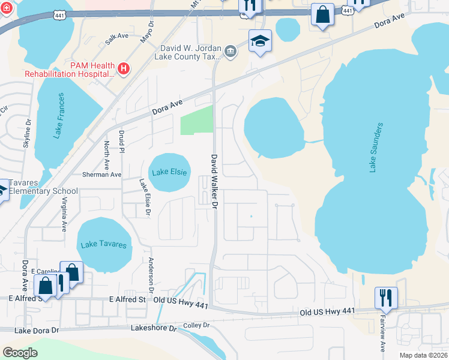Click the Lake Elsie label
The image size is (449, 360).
coord(169,172)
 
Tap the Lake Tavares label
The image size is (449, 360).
coord(104,245)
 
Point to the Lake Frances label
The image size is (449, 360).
coord(58,116)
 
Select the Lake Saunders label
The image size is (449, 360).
coord(375,148)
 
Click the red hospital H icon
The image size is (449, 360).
coord(124,69)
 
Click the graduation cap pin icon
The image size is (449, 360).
coord(260,41)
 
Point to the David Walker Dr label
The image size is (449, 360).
coord(214,181)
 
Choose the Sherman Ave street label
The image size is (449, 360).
coord(101,175)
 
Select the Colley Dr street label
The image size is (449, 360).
coord(196,325)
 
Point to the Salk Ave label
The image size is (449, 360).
coord(117,37)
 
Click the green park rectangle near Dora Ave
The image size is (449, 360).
coord(197,120)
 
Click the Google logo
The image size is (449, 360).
coord(20,352)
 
